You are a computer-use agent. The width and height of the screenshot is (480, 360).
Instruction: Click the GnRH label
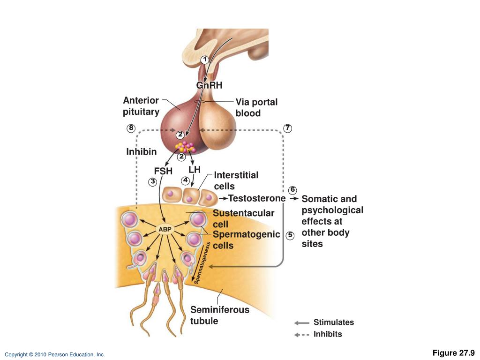tap(209, 85)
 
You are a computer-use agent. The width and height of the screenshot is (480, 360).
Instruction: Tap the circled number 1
tap(204, 60)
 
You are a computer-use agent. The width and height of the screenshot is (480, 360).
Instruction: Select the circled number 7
tap(287, 128)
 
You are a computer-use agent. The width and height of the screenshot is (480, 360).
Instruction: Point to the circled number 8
tap(131, 128)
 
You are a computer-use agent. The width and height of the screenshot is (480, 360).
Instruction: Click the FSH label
tap(163, 171)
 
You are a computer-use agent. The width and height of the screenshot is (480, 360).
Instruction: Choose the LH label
tap(195, 169)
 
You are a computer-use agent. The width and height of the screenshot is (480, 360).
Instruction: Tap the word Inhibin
tap(141, 152)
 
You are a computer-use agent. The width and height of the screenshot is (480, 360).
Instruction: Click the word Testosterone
tap(256, 198)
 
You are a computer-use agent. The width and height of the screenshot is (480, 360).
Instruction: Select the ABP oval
tap(165, 229)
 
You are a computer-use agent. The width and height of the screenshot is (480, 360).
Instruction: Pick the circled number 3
tap(152, 181)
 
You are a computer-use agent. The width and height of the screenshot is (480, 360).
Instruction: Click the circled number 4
tap(186, 180)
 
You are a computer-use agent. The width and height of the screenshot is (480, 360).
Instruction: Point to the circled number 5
tap(290, 235)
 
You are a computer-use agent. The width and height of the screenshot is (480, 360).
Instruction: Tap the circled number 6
tap(293, 190)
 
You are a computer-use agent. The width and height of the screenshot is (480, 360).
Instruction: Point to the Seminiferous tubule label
tap(219, 315)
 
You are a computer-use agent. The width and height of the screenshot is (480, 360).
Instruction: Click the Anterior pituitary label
tap(141, 106)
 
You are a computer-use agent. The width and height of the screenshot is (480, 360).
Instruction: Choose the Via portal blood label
tap(256, 108)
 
